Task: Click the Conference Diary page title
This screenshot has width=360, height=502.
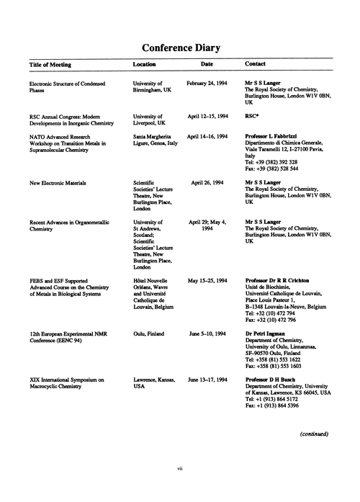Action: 181,48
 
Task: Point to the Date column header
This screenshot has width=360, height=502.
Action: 207,65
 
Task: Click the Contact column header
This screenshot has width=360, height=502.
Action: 256,65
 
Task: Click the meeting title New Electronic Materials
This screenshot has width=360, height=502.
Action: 58,183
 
